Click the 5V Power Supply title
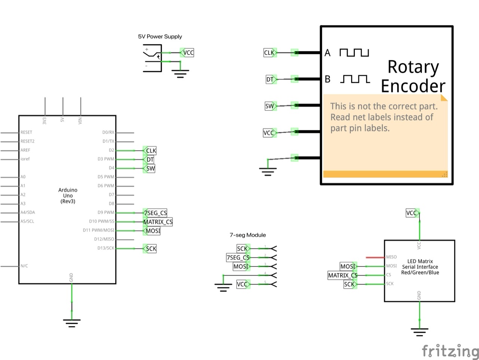click(160, 36)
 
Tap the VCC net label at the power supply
click(188, 53)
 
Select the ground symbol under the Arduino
click(71, 323)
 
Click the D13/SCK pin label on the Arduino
click(106, 248)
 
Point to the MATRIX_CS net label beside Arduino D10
click(158, 222)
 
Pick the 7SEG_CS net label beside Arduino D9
click(156, 213)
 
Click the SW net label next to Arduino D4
click(150, 168)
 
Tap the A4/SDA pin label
click(28, 212)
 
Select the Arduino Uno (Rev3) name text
click(68, 196)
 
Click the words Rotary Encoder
click(413, 76)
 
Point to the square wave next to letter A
click(354, 52)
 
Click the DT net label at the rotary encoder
click(270, 79)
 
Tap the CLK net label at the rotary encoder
click(269, 53)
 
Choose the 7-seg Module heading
click(248, 235)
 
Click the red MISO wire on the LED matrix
click(375, 257)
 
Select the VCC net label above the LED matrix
click(412, 213)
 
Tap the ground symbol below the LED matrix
click(419, 332)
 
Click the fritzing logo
click(450, 351)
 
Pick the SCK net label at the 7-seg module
click(242, 248)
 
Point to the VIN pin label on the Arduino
click(80, 120)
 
